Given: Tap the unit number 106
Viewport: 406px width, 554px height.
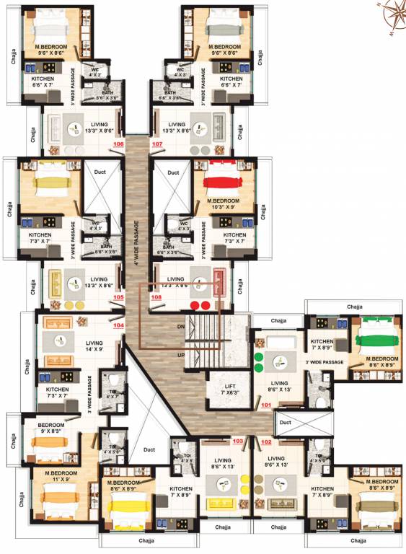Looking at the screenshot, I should (119, 144).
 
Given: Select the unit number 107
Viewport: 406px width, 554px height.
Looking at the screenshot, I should (156, 144).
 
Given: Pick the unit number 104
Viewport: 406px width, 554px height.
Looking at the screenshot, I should (119, 325).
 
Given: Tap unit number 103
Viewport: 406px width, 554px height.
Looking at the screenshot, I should (237, 441).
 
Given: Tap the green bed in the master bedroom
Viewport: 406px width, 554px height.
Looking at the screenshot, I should (376, 339).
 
